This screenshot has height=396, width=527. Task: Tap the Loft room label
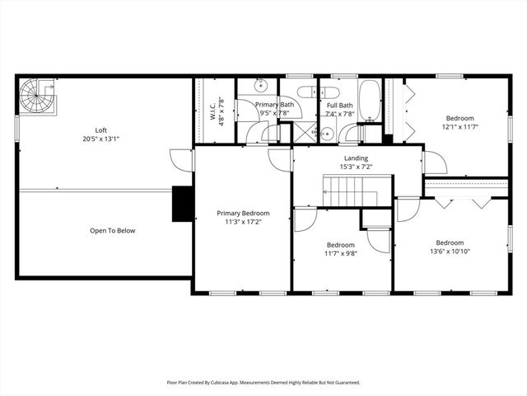click(x=100, y=130)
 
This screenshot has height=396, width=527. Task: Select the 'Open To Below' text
click(x=112, y=231)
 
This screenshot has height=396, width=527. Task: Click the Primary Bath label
click(x=274, y=105)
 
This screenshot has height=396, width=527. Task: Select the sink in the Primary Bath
click(x=260, y=84)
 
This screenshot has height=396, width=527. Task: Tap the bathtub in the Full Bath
click(x=369, y=100)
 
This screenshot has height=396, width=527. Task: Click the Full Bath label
click(x=340, y=106)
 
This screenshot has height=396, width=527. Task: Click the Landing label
click(x=357, y=158)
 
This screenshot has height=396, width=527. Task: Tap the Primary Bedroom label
click(x=243, y=214)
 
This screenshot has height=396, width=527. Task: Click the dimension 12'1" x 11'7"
click(x=460, y=127)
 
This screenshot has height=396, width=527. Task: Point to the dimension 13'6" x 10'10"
click(x=450, y=252)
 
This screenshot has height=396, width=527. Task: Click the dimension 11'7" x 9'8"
click(x=341, y=254)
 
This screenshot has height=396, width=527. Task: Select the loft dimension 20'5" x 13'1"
click(x=100, y=139)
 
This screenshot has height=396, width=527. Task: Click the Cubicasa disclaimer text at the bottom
click(x=263, y=383)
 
